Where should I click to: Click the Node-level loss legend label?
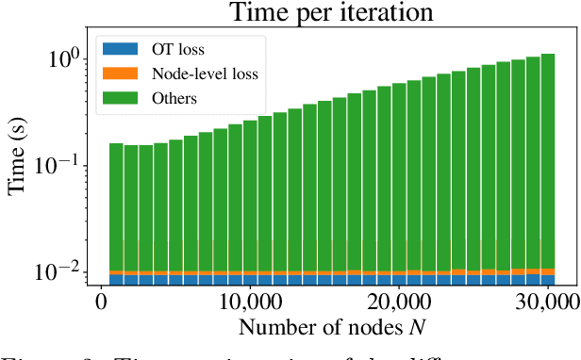pyautogui.click(x=207, y=73)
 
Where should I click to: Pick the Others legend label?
pyautogui.click(x=180, y=97)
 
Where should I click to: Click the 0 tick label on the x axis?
pyautogui.click(x=101, y=303)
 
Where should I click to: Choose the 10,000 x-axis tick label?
pyautogui.click(x=247, y=303)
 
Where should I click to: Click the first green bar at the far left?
pyautogui.click(x=116, y=207)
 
